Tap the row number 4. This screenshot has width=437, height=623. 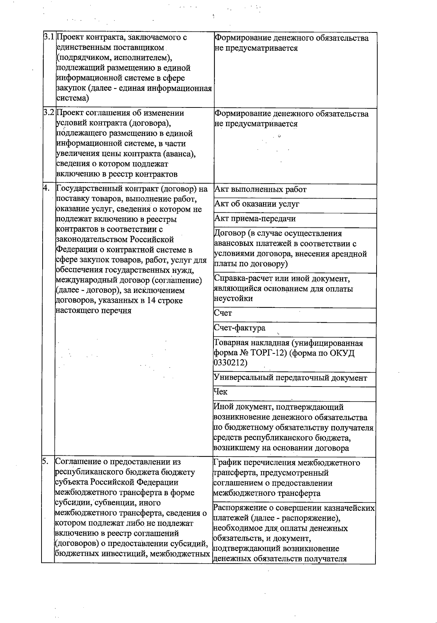click(x=46, y=188)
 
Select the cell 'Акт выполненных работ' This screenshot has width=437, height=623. click(x=260, y=190)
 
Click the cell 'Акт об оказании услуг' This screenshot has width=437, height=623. click(x=257, y=204)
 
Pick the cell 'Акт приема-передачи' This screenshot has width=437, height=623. click(x=255, y=219)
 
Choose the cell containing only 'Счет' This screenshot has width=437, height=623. click(x=223, y=313)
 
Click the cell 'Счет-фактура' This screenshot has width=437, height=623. click(x=240, y=328)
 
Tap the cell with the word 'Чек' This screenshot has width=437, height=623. click(x=221, y=392)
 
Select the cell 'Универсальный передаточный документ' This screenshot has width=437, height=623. click(x=290, y=378)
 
